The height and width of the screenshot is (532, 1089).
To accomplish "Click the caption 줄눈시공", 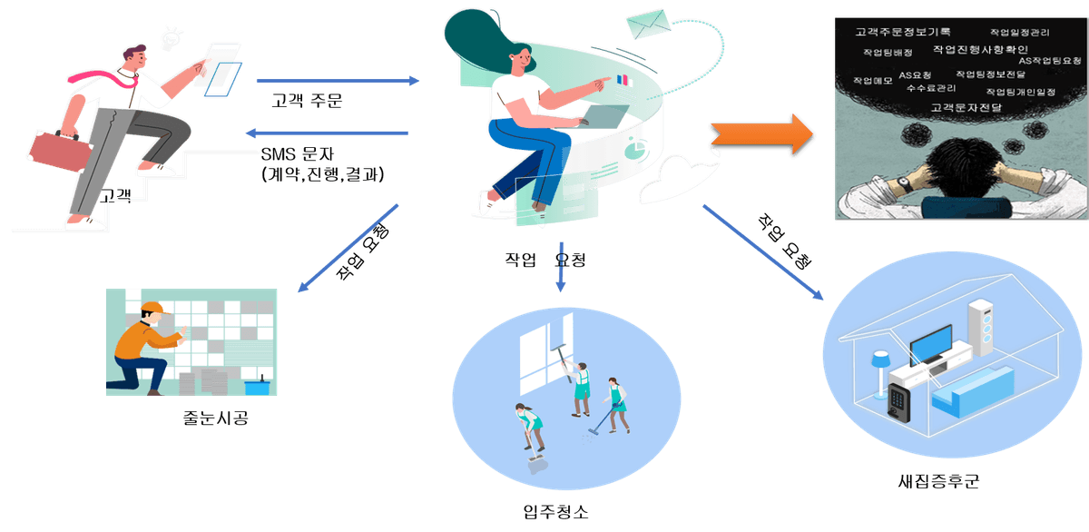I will pyautogui.click(x=215, y=419).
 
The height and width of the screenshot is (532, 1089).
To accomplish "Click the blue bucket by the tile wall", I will pyautogui.click(x=257, y=386).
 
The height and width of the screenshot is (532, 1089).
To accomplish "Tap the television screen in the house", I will pyautogui.click(x=932, y=344).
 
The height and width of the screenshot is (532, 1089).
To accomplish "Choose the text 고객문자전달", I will pyautogui.click(x=966, y=107).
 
